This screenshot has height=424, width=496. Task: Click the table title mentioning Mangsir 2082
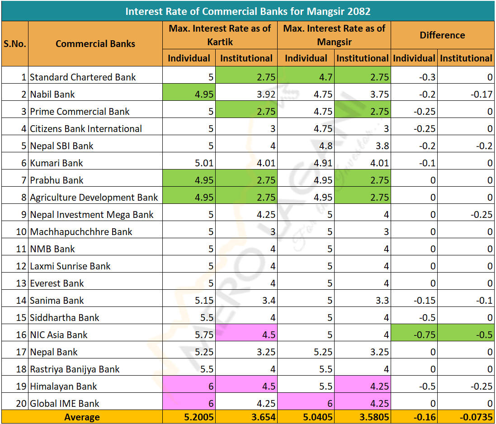[x=248, y=10]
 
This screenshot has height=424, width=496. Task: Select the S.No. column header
[x=15, y=44]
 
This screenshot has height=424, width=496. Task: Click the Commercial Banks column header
[x=95, y=44]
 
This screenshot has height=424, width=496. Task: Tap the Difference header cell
[x=442, y=35]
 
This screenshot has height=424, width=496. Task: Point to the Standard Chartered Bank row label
[x=83, y=77]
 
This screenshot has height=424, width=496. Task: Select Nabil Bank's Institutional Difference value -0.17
[x=466, y=94]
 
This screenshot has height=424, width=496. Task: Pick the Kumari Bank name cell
[x=57, y=163]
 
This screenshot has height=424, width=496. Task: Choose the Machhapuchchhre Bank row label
[x=81, y=231]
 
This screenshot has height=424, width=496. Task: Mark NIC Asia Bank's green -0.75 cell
[x=414, y=334]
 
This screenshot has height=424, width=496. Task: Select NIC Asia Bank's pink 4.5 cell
[x=247, y=334]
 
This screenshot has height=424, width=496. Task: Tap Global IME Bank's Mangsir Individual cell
[x=306, y=403]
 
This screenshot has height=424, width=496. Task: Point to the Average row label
[x=82, y=417]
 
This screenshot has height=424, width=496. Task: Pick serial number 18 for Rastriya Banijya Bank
[x=21, y=369]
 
